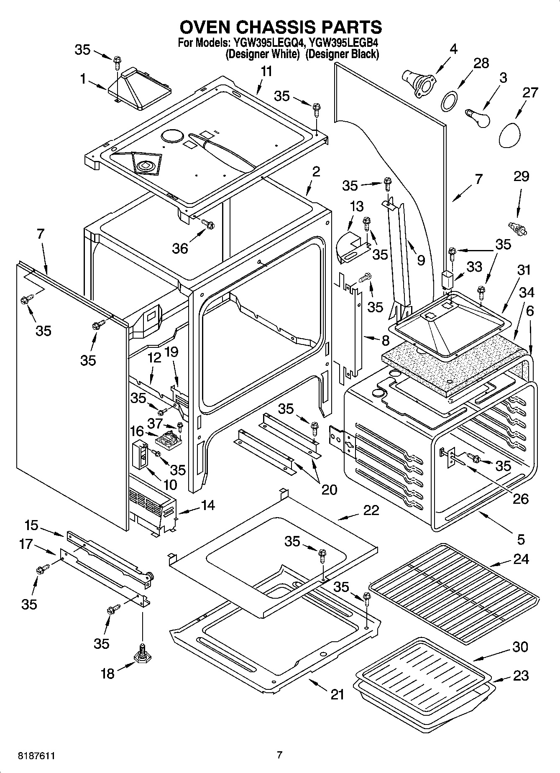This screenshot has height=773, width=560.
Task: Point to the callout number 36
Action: coord(180,248)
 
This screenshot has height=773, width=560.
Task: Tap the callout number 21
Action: coord(338,694)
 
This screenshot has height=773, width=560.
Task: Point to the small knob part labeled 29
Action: coord(517,228)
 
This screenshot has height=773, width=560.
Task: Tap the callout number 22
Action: coord(371,510)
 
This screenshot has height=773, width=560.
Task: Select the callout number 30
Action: coord(520,647)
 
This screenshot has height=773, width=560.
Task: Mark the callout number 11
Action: coord(266,71)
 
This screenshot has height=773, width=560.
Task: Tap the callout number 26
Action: coord(520,499)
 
